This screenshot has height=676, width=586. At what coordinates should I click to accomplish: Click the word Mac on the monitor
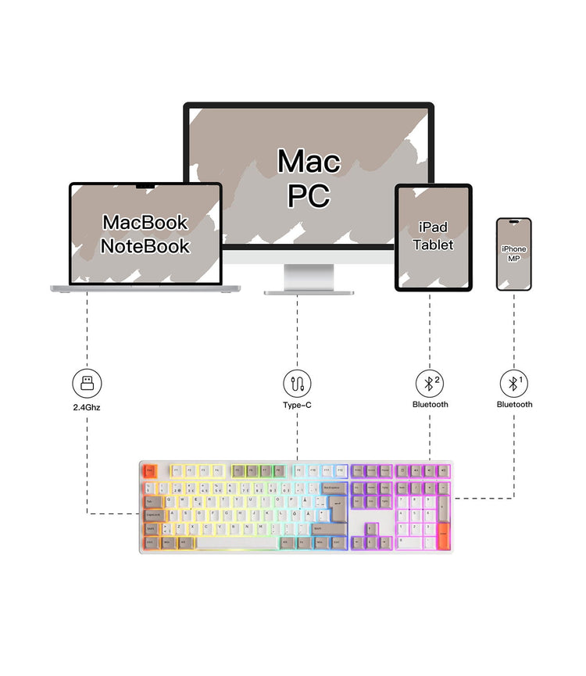[x=309, y=161]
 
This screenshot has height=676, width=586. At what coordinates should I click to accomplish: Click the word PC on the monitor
[x=309, y=195]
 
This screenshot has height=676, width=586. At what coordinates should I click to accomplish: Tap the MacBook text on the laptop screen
[x=145, y=222]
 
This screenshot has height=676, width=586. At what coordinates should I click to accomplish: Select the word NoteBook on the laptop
[x=145, y=246]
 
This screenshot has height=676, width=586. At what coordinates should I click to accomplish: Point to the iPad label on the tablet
[x=433, y=227]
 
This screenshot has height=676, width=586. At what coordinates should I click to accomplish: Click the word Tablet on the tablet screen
[x=433, y=245]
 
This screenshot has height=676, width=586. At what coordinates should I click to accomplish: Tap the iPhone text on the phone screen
[x=513, y=249]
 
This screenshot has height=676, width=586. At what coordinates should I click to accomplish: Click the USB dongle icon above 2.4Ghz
[x=86, y=384]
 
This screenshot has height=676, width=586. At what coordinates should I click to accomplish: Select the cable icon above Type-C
[x=297, y=384]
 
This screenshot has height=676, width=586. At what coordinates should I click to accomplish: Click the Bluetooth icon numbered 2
[x=429, y=384]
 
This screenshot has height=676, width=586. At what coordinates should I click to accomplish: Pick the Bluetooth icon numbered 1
[x=513, y=384]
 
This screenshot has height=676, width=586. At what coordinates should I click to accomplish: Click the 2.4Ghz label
[x=86, y=407]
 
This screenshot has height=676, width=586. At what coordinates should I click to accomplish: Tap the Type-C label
[x=297, y=405]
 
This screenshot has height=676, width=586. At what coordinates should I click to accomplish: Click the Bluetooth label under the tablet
[x=430, y=405]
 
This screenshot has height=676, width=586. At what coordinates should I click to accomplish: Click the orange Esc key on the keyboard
[x=149, y=470]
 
